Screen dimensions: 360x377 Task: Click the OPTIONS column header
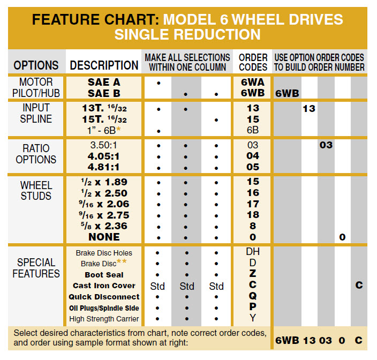(x=36, y=65)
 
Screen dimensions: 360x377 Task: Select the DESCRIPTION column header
(x=104, y=65)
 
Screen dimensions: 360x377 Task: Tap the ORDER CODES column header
(x=253, y=62)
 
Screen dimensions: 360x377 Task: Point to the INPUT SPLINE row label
(x=36, y=114)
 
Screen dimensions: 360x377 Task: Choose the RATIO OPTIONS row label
(x=36, y=154)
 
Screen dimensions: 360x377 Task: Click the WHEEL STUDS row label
(x=36, y=190)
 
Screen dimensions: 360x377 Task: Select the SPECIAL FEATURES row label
(x=36, y=268)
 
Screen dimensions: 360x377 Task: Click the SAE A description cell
(x=104, y=82)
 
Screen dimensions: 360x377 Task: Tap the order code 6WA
(x=253, y=83)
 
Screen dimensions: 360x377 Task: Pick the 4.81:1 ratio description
(x=104, y=167)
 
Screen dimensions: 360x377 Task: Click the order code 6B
(x=253, y=130)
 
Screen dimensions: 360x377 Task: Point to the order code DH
(x=253, y=252)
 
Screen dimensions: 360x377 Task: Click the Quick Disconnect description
(x=104, y=297)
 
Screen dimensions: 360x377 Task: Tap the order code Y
(x=253, y=319)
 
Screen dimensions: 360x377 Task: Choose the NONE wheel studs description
(x=104, y=237)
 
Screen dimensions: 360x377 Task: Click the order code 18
(x=253, y=215)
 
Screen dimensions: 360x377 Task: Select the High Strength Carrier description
(x=104, y=319)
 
